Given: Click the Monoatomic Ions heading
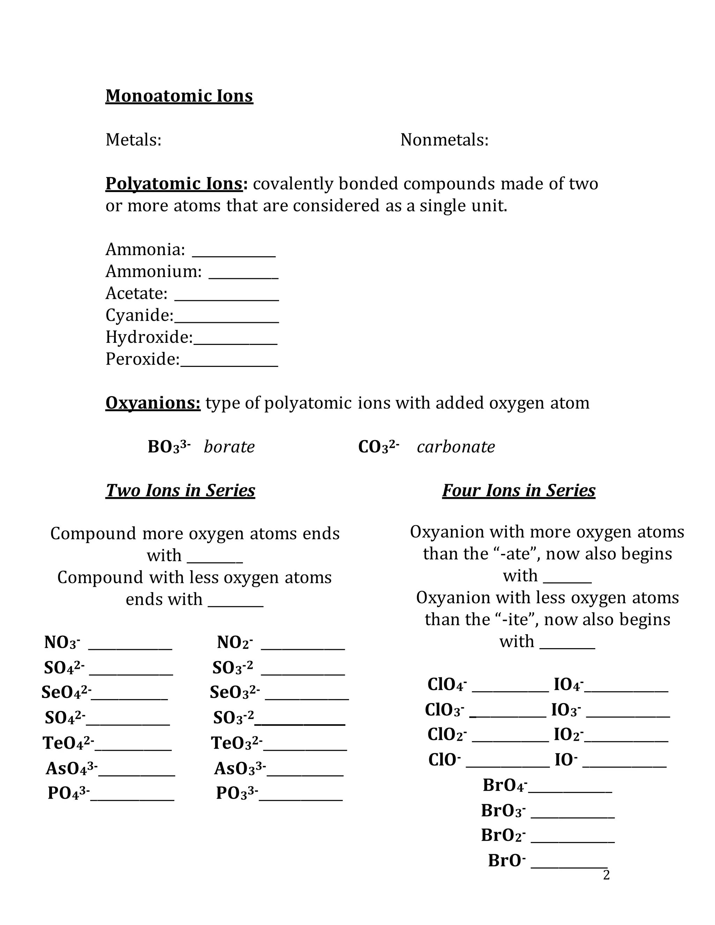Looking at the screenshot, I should click(179, 96).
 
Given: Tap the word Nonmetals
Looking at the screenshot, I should click(444, 140).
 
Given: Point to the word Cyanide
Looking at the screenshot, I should click(139, 315).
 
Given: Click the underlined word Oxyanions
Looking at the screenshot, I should click(153, 403).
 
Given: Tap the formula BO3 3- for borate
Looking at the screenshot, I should click(169, 447).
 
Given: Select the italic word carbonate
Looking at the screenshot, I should click(456, 447).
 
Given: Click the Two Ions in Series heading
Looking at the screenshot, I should click(180, 490).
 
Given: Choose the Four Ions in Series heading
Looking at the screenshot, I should click(518, 490).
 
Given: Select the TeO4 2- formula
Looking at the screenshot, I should click(68, 742).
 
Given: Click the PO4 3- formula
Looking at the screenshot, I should click(68, 793).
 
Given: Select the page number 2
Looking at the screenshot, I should click(606, 875).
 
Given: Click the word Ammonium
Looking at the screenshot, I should click(153, 272).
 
